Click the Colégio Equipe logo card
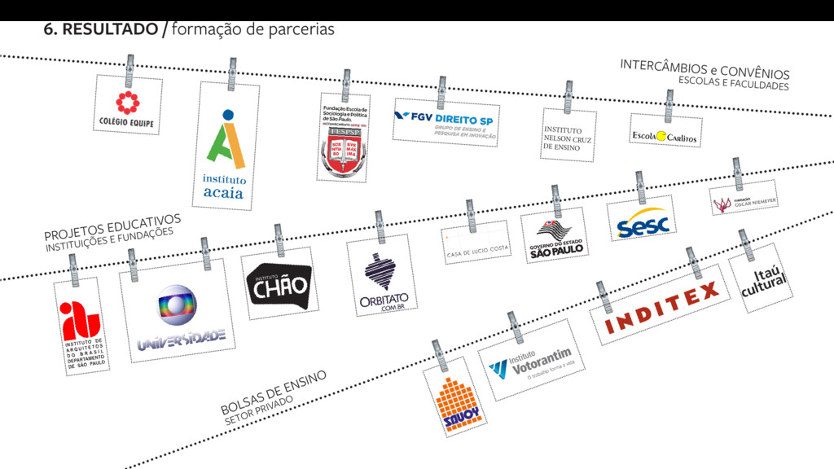click(126, 107)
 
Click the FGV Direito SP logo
click(445, 122)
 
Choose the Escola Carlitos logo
click(665, 137)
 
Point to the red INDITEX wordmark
click(663, 305)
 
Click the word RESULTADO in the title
click(110, 29)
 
